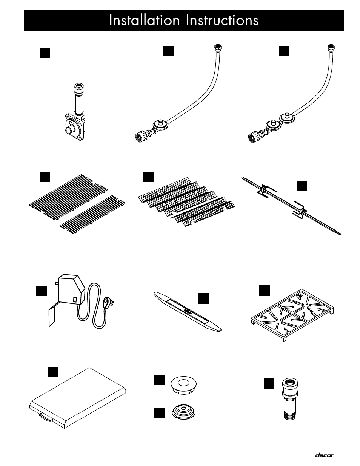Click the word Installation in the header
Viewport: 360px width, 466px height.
point(144,20)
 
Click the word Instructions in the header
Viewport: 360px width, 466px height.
point(222,20)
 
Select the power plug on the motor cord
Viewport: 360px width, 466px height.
point(108,303)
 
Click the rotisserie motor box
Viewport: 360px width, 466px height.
point(71,289)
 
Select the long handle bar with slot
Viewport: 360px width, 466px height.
point(188,312)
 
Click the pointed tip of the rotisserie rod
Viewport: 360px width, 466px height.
point(340,235)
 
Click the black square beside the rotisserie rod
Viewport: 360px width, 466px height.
point(302,186)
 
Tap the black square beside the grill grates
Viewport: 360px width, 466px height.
point(45,177)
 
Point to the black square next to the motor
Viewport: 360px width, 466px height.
point(42,291)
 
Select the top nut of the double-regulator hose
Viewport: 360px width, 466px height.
point(331,47)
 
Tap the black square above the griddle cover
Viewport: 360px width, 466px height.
point(53,372)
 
